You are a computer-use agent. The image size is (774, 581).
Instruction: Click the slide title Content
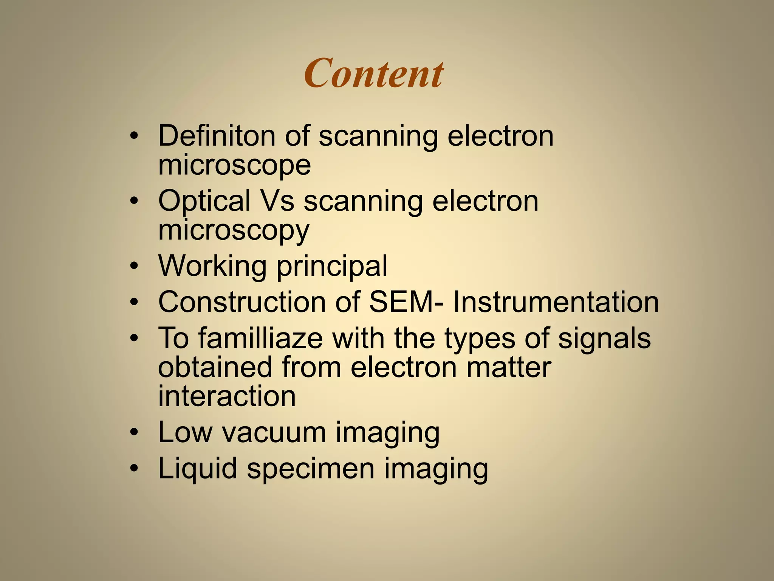pos(373,73)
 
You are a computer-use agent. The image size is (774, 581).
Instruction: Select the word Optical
pos(204,200)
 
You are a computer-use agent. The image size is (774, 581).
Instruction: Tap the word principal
pos(332,266)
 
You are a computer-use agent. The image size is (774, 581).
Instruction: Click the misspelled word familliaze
pos(261,338)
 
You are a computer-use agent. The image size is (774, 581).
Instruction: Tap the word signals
pos(604,338)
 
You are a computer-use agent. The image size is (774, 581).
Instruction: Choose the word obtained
pos(215,367)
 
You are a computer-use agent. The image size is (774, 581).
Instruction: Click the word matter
pos(509,367)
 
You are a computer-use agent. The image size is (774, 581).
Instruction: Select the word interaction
pos(227,396)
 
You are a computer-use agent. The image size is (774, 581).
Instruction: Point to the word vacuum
pos(274,432)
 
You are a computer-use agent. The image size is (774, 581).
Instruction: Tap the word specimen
pos(311,468)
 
